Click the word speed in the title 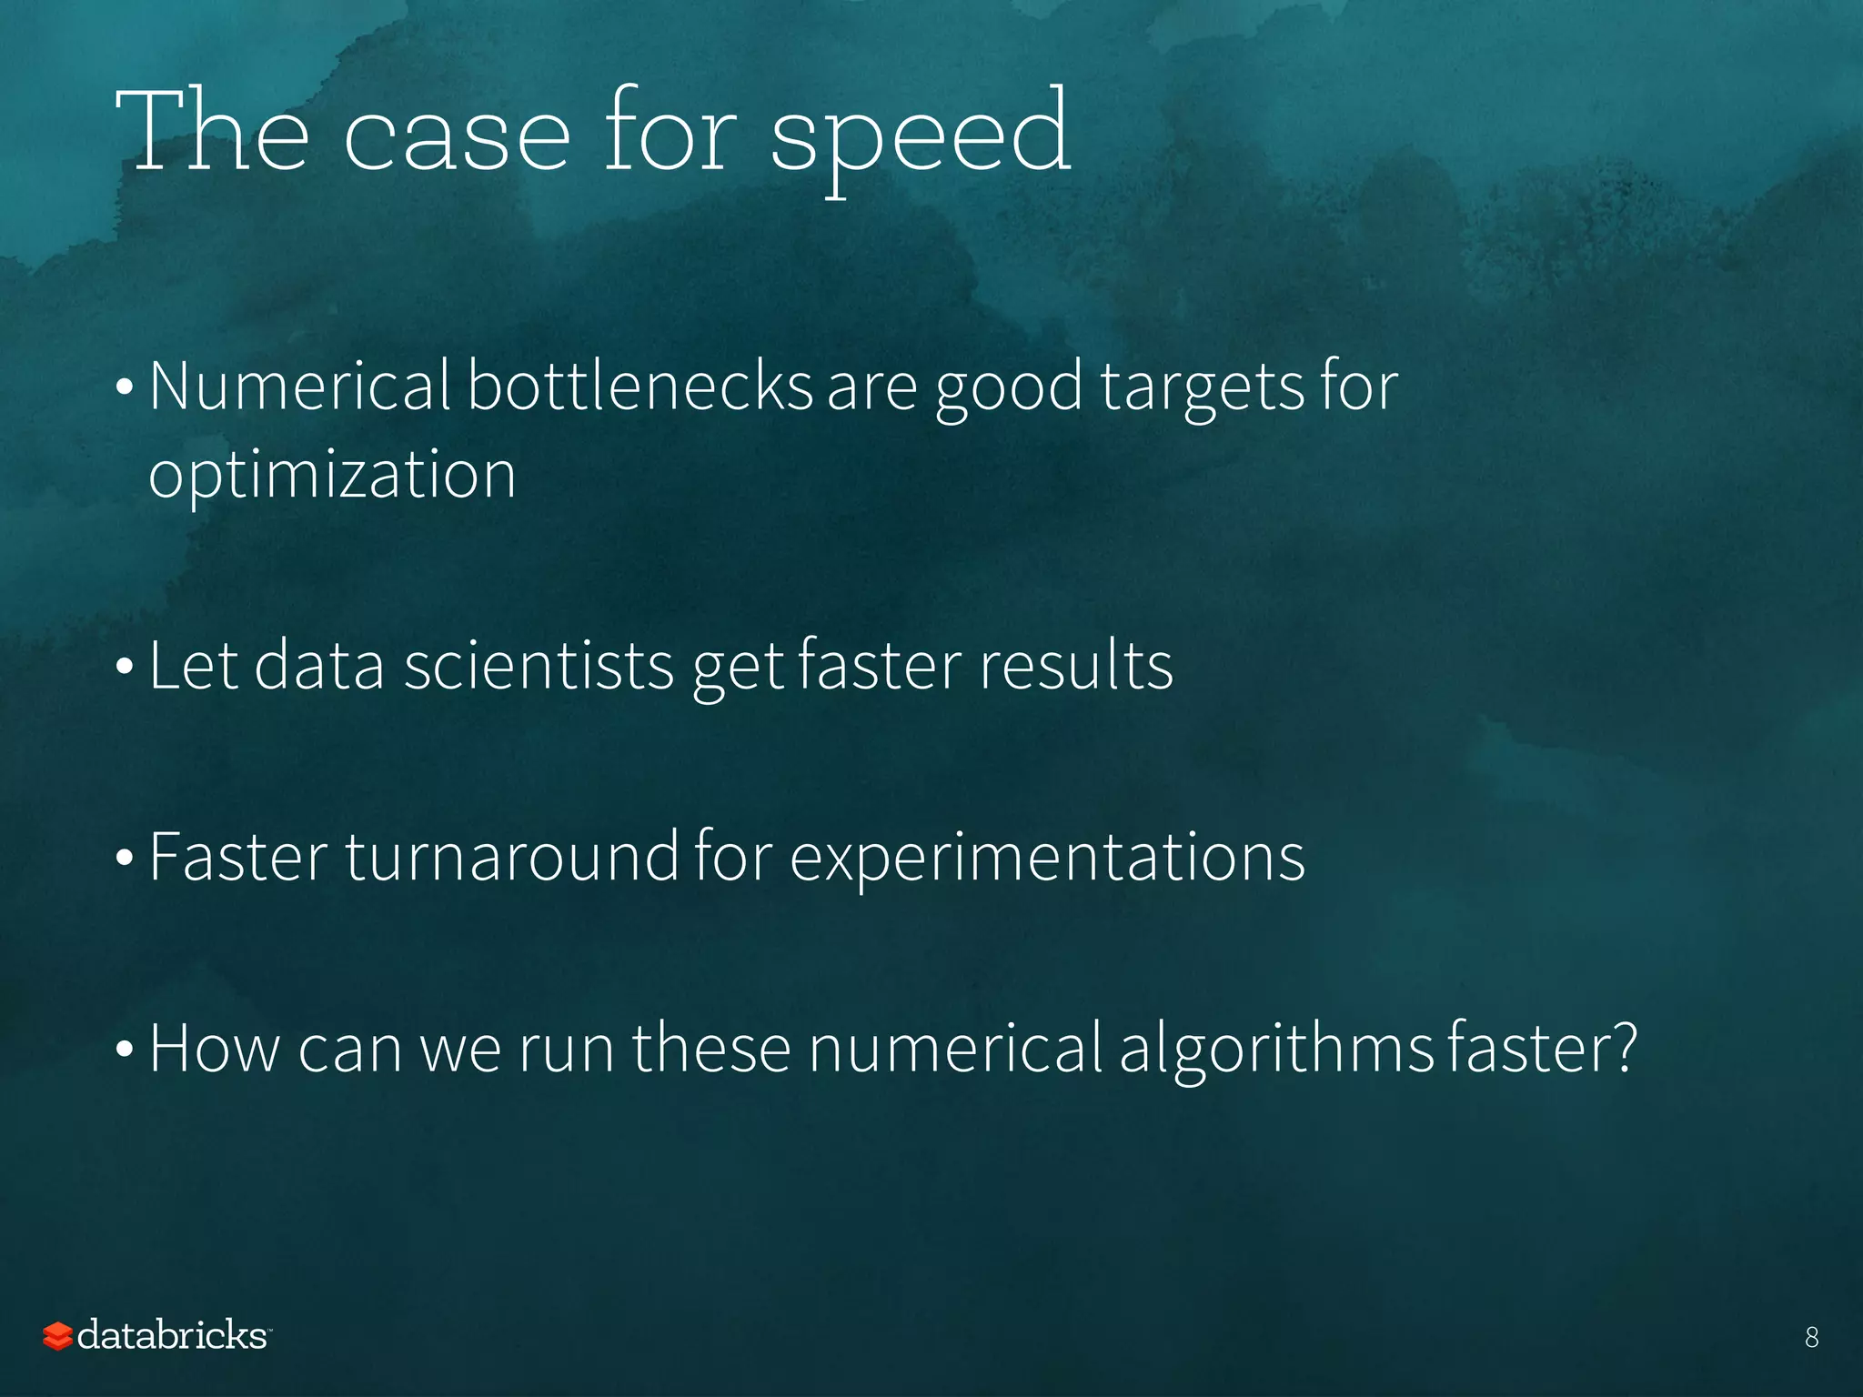pyautogui.click(x=921, y=136)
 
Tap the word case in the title pyautogui.click(x=457, y=136)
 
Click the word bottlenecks pyautogui.click(x=639, y=387)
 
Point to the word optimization pyautogui.click(x=332, y=476)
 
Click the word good pyautogui.click(x=1009, y=389)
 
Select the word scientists pyautogui.click(x=539, y=666)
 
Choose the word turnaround pyautogui.click(x=511, y=857)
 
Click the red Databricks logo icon pyautogui.click(x=57, y=1336)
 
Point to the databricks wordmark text pyautogui.click(x=172, y=1335)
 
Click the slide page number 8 pyautogui.click(x=1811, y=1337)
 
